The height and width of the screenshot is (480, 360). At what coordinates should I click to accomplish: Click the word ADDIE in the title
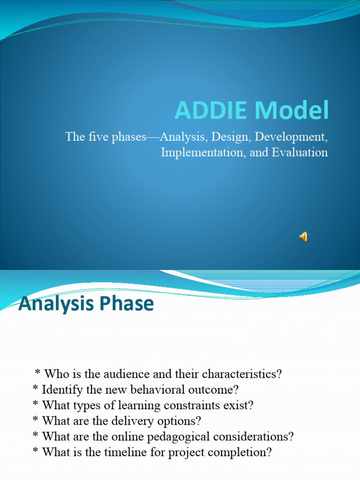pyautogui.click(x=211, y=111)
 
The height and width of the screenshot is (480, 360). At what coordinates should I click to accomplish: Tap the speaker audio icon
pyautogui.click(x=304, y=237)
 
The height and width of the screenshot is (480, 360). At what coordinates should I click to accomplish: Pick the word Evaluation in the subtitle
pyautogui.click(x=300, y=152)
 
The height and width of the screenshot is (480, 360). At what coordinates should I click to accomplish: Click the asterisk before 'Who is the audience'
pyautogui.click(x=38, y=373)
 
